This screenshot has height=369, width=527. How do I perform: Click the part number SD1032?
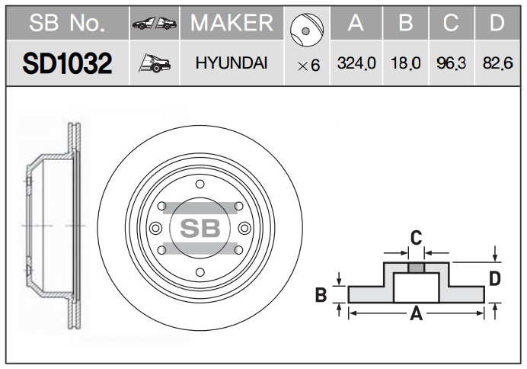67,63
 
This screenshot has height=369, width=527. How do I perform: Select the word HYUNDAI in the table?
232,63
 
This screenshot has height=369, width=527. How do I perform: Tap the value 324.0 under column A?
356,63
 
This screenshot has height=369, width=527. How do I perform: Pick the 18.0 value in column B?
406,63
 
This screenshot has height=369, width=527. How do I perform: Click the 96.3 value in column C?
452,63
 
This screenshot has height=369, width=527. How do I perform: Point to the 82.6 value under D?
498,63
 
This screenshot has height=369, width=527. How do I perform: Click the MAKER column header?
232,23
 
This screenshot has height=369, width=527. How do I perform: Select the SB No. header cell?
67,23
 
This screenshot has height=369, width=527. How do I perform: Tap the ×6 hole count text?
308,66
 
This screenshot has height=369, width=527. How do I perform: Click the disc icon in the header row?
306,30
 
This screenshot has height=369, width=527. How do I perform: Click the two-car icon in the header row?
155,23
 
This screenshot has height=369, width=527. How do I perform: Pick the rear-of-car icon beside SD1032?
155,63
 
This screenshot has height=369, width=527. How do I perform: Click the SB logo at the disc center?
200,228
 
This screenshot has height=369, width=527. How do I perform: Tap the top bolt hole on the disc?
200,184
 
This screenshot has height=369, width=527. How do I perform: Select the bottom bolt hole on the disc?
200,272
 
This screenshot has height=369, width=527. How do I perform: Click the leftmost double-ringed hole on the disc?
155,229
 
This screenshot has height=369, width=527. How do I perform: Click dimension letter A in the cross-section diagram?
416,313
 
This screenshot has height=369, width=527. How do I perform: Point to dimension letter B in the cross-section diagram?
321,294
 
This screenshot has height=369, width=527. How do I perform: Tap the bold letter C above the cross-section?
416,238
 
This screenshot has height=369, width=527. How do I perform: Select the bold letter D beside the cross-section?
495,279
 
